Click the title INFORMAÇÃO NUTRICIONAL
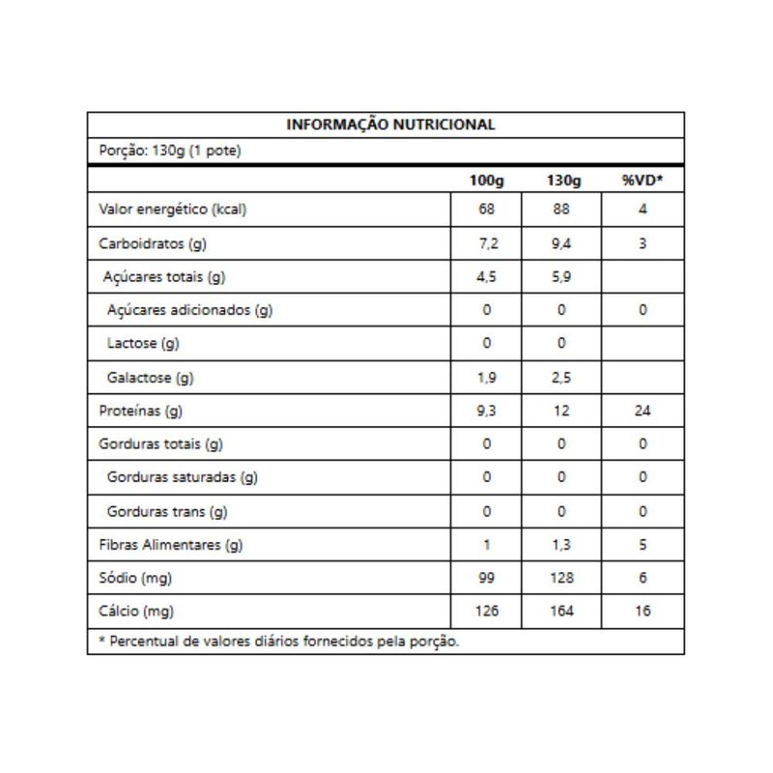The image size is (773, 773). (x=391, y=125)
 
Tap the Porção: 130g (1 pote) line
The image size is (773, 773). (x=170, y=151)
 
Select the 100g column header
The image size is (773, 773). (x=487, y=181)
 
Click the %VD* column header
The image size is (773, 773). (x=642, y=181)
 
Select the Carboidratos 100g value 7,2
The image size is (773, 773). (x=487, y=243)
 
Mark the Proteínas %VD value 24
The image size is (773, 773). (x=642, y=411)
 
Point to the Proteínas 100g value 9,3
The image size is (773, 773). (x=487, y=411)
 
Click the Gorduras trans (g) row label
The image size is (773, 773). (x=167, y=511)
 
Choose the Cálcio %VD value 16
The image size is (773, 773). (x=642, y=612)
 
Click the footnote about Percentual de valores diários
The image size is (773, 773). (x=279, y=641)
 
